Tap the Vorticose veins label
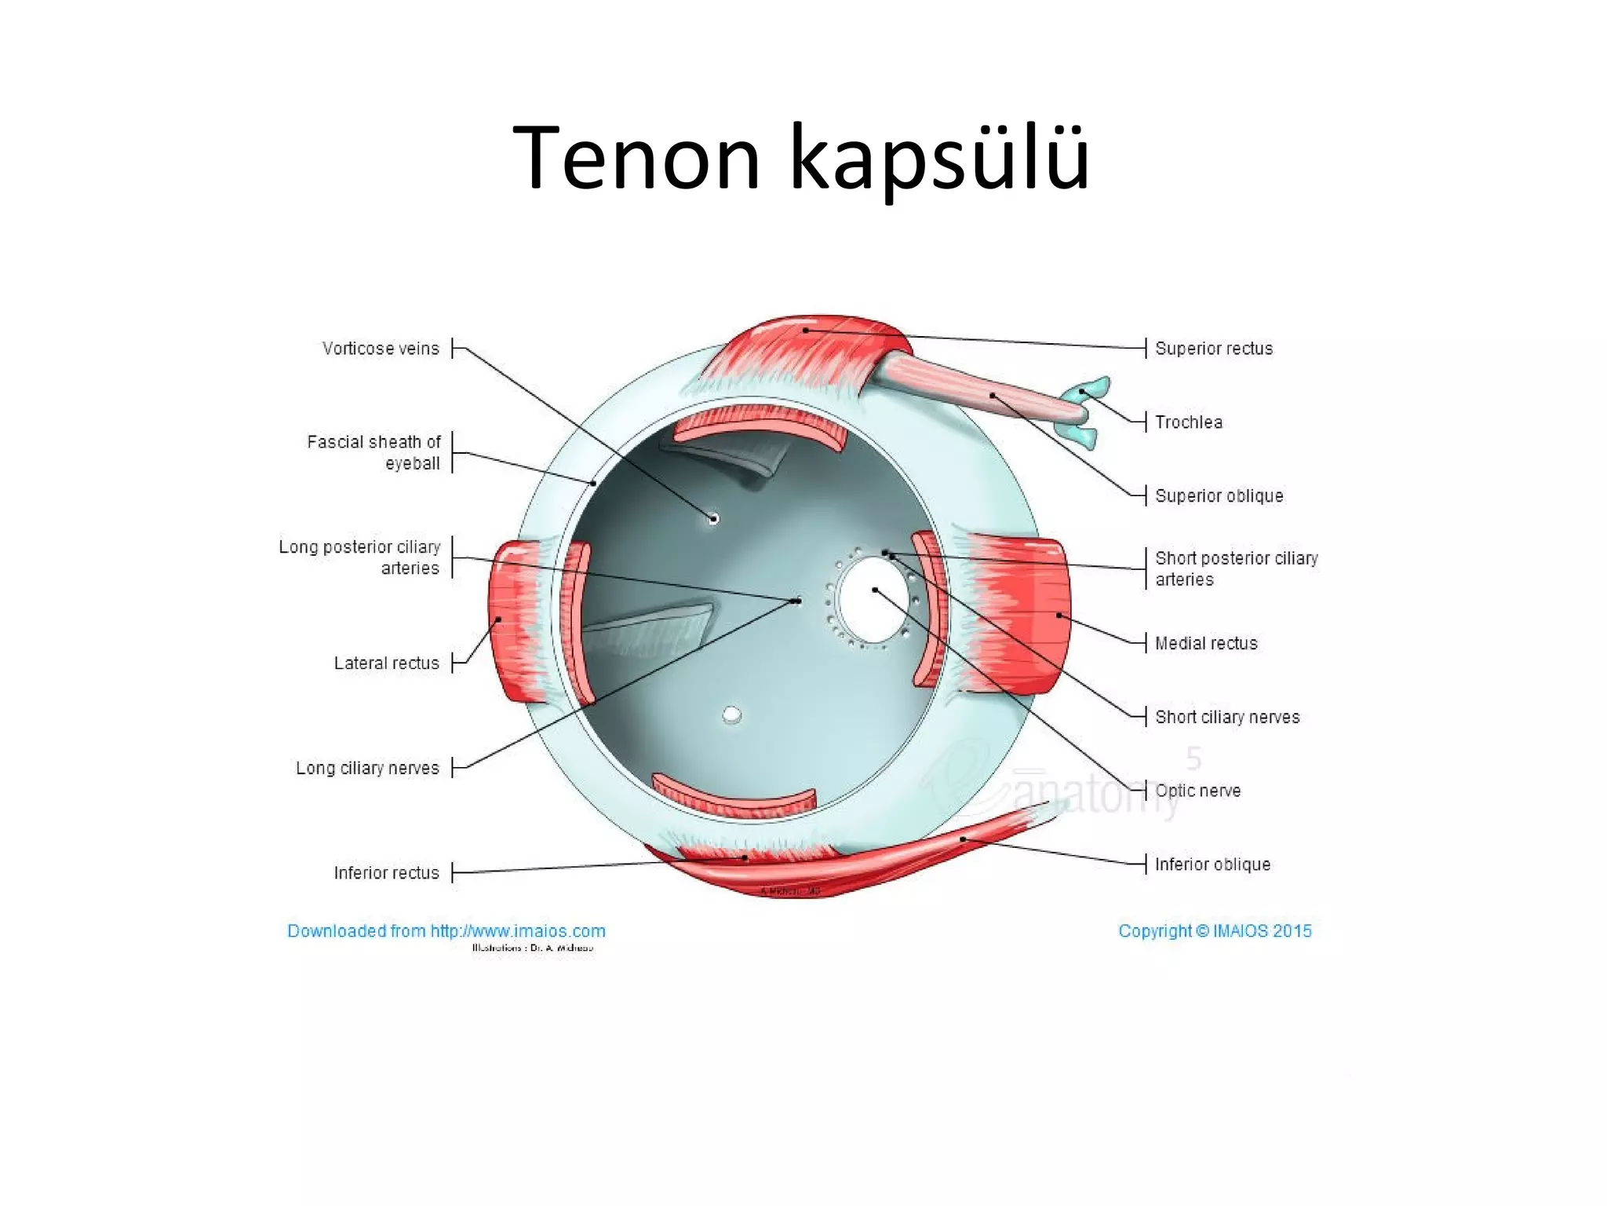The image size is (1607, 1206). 381,349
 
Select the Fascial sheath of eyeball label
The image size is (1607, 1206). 374,453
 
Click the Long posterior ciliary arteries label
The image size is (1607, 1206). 359,557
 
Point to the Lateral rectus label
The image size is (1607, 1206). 386,663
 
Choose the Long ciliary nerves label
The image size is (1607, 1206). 367,768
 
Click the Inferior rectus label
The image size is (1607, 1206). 386,873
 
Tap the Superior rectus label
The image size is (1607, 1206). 1213,349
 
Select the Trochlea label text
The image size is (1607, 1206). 1188,422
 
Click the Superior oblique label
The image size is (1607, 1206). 1219,496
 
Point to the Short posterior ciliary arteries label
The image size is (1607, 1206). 1236,568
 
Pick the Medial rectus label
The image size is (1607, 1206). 1206,644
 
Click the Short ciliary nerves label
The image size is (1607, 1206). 1227,718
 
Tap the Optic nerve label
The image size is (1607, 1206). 1197,791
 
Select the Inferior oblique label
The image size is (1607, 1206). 1212,864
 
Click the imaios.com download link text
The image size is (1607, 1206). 446,931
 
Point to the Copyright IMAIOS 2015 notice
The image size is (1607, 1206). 1215,931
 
